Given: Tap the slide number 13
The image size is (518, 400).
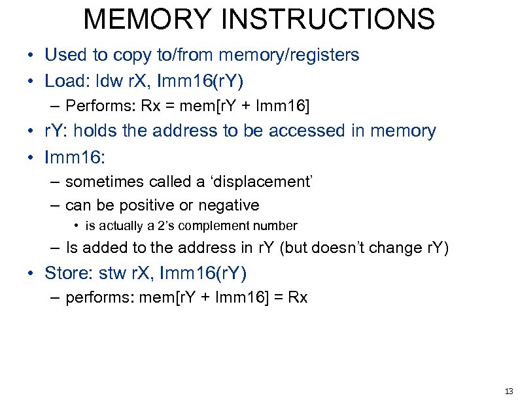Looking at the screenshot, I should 508,391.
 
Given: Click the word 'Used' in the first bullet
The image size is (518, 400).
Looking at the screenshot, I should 63,55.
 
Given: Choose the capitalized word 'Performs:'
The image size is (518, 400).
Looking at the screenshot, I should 96,105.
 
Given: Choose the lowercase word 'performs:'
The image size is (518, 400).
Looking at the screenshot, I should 96,297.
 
